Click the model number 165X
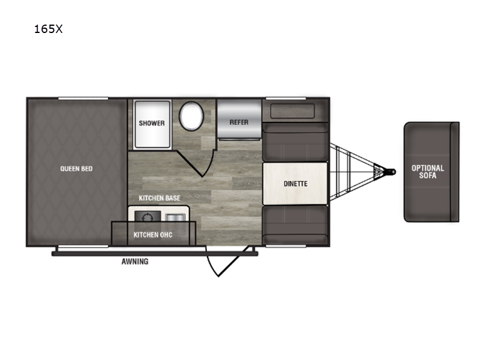click(x=48, y=29)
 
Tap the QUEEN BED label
click(x=76, y=169)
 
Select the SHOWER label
click(x=152, y=123)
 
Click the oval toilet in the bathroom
click(x=191, y=116)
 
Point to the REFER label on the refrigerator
click(x=239, y=122)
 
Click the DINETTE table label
click(x=295, y=184)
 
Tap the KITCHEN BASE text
click(x=160, y=198)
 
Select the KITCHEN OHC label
click(x=153, y=235)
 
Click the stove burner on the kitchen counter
click(x=148, y=217)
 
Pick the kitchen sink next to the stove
click(x=175, y=218)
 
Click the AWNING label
click(x=135, y=262)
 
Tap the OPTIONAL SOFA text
click(x=428, y=172)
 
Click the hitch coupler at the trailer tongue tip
click(x=391, y=172)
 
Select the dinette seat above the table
click(x=295, y=142)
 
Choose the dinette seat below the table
click(x=295, y=226)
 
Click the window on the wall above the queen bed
click(x=83, y=98)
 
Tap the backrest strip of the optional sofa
click(x=455, y=172)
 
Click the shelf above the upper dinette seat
click(x=293, y=111)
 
